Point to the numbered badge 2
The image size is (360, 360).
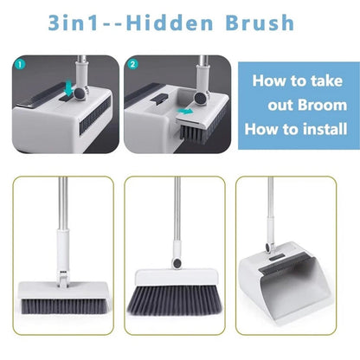[x=132, y=64]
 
